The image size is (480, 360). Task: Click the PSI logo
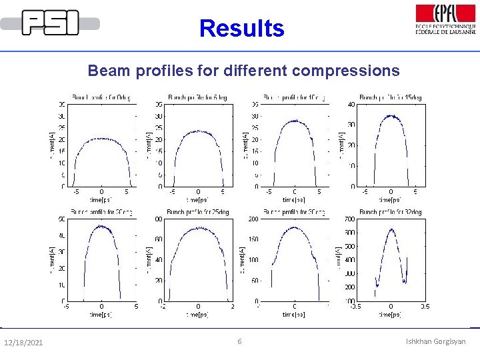click(x=50, y=23)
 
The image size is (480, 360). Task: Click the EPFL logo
click(x=445, y=19)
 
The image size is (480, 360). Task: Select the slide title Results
click(x=241, y=29)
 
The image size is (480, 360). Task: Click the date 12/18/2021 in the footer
click(x=23, y=343)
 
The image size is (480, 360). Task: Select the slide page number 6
click(x=240, y=342)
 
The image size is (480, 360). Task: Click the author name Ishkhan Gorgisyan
click(x=436, y=342)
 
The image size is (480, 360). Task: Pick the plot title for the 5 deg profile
click(x=197, y=97)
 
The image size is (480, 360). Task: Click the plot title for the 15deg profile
click(x=391, y=97)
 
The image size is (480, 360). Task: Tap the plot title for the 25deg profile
click(x=197, y=212)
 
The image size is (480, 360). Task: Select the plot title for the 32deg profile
click(x=391, y=212)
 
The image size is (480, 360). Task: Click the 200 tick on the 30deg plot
click(x=253, y=219)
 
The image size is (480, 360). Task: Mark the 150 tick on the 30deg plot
click(x=253, y=239)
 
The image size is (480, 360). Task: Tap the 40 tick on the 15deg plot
click(x=351, y=104)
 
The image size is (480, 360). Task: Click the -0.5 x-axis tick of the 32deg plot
click(x=355, y=307)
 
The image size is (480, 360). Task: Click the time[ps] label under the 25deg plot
click(x=197, y=314)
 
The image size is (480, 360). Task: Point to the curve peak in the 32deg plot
click(x=391, y=230)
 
